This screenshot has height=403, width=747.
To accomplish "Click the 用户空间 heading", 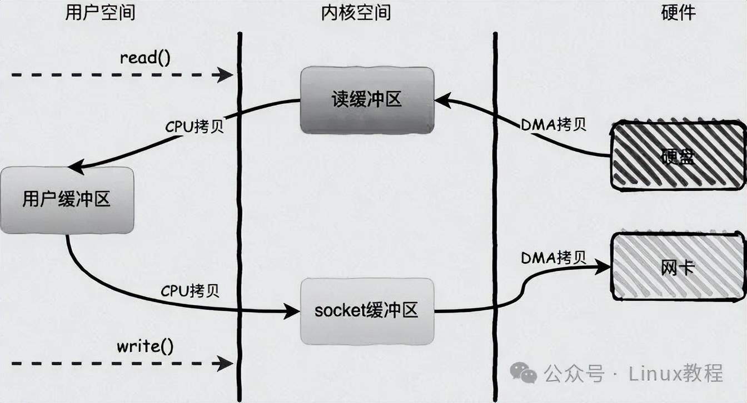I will click(x=100, y=13).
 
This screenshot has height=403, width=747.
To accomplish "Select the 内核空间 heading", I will click(x=356, y=13).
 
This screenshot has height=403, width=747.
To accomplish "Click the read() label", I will click(x=145, y=58).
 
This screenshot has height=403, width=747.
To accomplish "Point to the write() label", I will click(x=145, y=347).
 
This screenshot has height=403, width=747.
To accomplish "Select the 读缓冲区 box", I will click(x=367, y=100).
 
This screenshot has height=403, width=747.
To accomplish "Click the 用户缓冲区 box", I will click(x=67, y=200).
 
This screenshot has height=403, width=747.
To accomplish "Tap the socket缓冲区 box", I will click(x=366, y=311).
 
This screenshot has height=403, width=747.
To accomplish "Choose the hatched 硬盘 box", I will click(x=678, y=156).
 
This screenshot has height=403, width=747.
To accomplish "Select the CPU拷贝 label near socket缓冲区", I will click(x=190, y=291).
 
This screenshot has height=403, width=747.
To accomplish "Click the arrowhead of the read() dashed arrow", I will click(x=227, y=74).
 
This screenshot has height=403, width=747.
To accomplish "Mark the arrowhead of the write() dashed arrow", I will click(x=227, y=364).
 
